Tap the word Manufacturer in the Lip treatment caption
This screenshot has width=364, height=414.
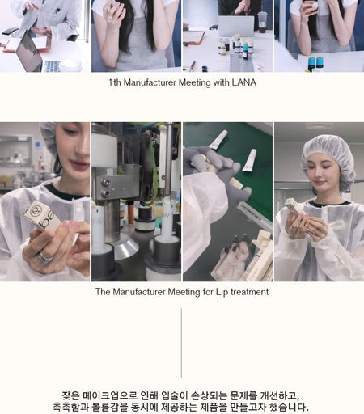point(139,292)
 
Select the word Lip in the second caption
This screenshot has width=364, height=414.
point(222,292)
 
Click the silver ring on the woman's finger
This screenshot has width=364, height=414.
point(44,257)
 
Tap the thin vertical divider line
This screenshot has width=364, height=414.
point(181,343)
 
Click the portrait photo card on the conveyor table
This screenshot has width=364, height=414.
point(237,256)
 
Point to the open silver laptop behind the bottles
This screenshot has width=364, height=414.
point(236,26)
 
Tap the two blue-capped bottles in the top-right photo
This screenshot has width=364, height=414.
point(315,64)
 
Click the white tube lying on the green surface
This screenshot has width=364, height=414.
point(249,160)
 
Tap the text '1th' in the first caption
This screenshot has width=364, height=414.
point(115,82)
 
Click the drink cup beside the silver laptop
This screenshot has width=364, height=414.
point(262,22)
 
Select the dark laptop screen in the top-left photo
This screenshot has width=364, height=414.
point(29,52)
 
